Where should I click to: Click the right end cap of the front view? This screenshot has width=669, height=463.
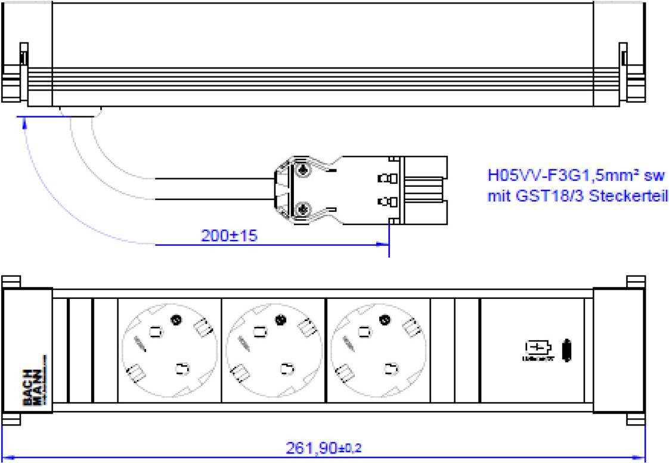[x=618, y=350]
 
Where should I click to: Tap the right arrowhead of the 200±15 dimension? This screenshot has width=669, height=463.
[x=385, y=243]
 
